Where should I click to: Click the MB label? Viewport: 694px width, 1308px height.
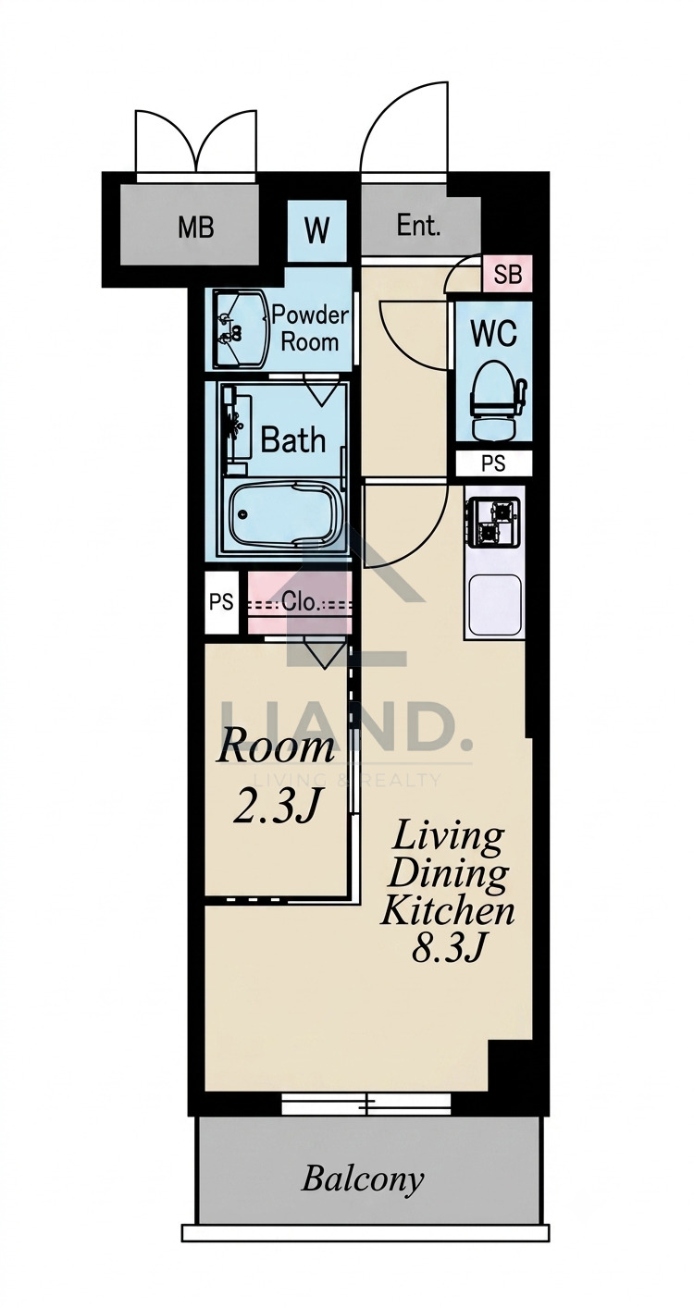point(195,228)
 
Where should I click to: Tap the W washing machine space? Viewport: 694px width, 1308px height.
point(316,230)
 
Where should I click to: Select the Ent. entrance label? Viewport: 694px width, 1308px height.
point(417,226)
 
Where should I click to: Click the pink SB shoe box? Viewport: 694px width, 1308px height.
point(507,274)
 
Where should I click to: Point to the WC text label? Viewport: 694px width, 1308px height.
point(493,334)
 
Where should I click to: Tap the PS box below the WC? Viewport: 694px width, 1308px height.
point(493,463)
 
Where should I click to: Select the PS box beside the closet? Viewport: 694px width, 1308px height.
point(221,601)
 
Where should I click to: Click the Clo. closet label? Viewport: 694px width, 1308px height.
point(301,601)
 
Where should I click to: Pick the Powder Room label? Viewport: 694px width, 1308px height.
point(310,328)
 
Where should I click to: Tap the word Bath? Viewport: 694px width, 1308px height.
point(292,439)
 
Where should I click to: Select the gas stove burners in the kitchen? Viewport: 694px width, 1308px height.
point(492,521)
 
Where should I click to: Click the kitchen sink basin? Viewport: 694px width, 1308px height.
point(495,606)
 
